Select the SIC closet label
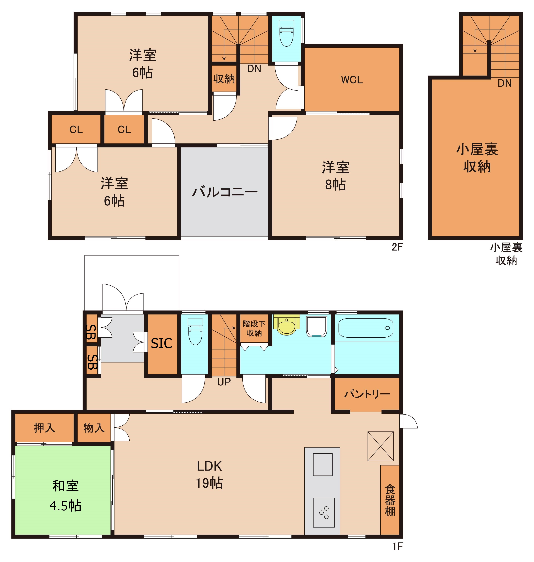pyautogui.click(x=161, y=343)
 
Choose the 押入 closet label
pyautogui.click(x=44, y=428)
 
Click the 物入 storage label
pyautogui.click(x=94, y=428)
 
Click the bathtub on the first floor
pyautogui.click(x=366, y=328)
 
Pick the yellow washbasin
pyautogui.click(x=287, y=325)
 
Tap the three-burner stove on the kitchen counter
pyautogui.click(x=324, y=512)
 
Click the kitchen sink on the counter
pyautogui.click(x=323, y=464)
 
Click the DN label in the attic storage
pyautogui.click(x=505, y=83)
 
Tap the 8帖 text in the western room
pyautogui.click(x=336, y=185)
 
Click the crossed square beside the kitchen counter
pyautogui.click(x=381, y=446)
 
